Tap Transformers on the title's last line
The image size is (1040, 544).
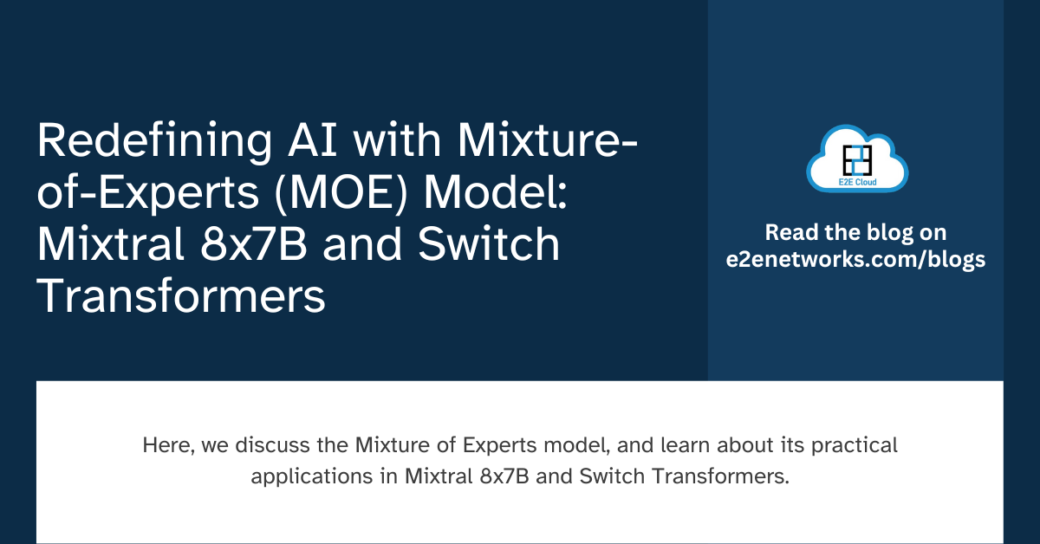pyautogui.click(x=181, y=296)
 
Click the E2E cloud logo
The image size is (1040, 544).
pyautogui.click(x=856, y=159)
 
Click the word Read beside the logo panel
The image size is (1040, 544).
pyautogui.click(x=787, y=233)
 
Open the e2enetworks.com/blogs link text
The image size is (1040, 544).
pyautogui.click(x=856, y=260)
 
